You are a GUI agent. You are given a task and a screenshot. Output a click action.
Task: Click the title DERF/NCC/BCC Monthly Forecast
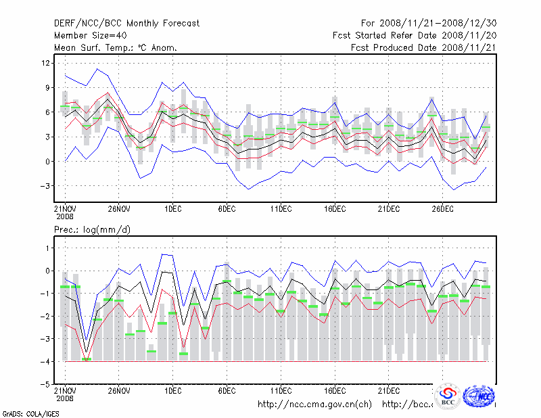126,24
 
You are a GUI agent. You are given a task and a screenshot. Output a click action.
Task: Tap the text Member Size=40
89,36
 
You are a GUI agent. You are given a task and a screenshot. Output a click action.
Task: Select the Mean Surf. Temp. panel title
116,48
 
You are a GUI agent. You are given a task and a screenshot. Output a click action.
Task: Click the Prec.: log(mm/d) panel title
92,230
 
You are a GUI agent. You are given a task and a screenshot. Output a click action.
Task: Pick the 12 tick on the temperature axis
46,63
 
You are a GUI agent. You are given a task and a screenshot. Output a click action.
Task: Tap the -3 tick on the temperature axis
46,186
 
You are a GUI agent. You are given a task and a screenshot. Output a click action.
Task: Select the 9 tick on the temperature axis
47,88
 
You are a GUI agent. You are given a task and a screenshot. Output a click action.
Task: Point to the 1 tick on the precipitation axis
47,248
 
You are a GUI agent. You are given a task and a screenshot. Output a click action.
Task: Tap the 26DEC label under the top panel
443,209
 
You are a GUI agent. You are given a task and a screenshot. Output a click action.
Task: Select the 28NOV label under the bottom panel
118,391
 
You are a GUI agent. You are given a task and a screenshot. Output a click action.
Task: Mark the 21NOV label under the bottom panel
64,391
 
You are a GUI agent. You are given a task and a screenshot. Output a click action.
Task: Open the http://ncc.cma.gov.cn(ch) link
314,404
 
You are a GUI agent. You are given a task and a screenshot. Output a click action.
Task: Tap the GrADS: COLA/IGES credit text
25,413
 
